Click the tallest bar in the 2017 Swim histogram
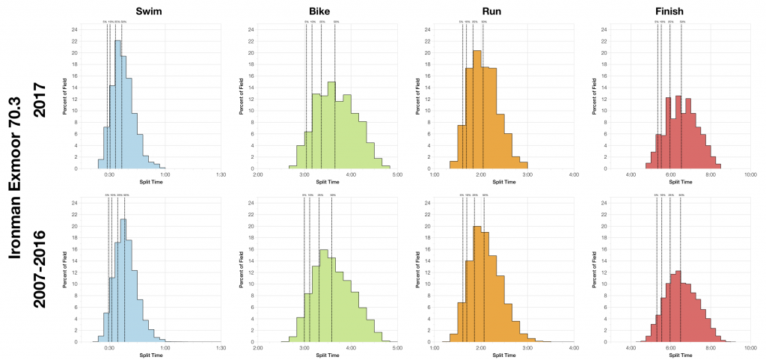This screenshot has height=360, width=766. point(117,105)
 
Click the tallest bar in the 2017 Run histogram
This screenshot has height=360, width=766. point(477,109)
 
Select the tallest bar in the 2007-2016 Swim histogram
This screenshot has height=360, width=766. point(123,281)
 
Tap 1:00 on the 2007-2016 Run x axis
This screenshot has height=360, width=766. point(434,348)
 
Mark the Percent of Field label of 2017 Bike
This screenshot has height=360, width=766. point(242,99)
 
